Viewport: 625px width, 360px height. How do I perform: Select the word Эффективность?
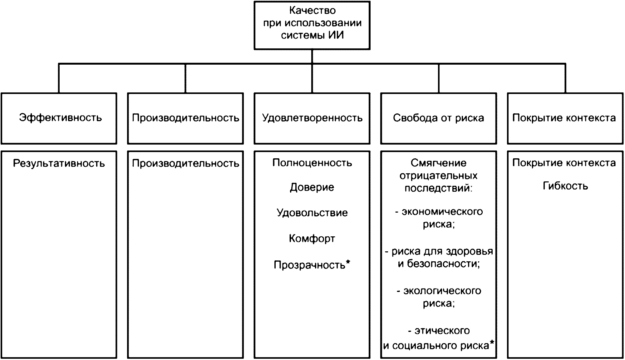60,118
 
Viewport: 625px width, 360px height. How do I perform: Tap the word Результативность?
59,163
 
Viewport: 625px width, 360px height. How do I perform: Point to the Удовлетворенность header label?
312,118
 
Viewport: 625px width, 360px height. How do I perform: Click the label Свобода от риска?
438,118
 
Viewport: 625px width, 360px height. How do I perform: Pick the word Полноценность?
312,163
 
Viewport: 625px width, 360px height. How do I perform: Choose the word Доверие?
312,187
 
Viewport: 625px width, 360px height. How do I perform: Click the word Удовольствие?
312,213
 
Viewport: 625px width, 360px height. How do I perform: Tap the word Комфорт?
312,239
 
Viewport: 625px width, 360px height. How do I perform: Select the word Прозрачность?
309,265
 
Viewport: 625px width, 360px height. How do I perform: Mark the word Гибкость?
565,186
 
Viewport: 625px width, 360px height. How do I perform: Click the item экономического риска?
439,218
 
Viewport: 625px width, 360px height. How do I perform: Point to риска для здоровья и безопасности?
439,258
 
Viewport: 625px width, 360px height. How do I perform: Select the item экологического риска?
439,297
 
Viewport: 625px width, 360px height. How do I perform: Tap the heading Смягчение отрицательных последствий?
438,175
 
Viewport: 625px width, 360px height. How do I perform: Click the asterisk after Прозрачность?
348,263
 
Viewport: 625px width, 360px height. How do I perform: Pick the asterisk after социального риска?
492,343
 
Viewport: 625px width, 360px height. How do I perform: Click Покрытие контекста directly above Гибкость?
564,163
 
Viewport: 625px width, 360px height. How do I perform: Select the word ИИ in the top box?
336,35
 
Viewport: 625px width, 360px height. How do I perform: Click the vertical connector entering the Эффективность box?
59,78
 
